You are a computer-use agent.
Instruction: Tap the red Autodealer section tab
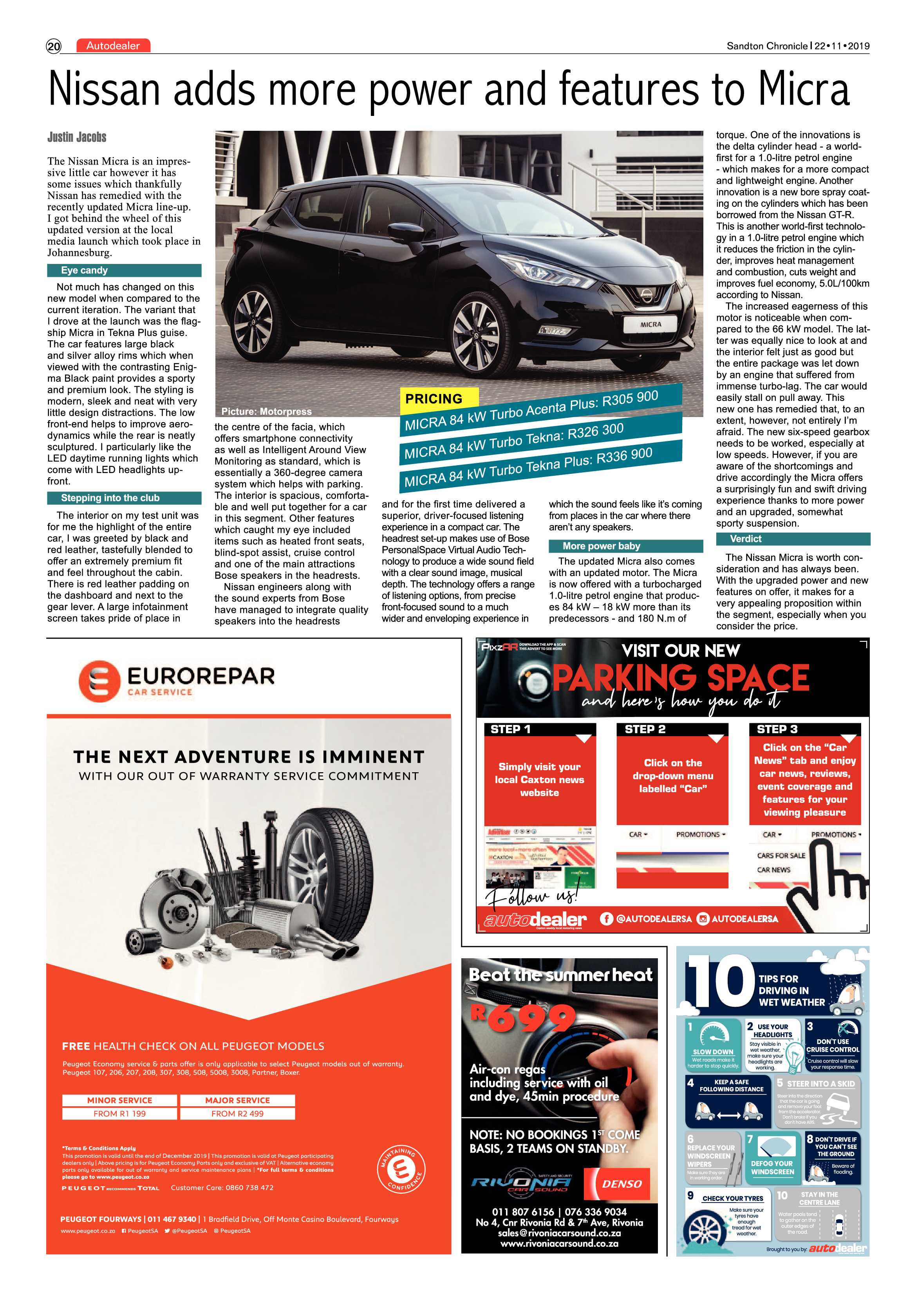pos(113,46)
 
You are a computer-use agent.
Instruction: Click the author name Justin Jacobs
pos(77,137)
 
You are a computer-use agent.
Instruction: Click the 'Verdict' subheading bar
pos(793,539)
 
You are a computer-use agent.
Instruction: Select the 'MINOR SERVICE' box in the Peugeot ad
pos(119,1100)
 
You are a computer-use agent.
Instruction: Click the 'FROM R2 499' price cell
pos(237,1113)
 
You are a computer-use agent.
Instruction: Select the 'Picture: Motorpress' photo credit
pos(266,412)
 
